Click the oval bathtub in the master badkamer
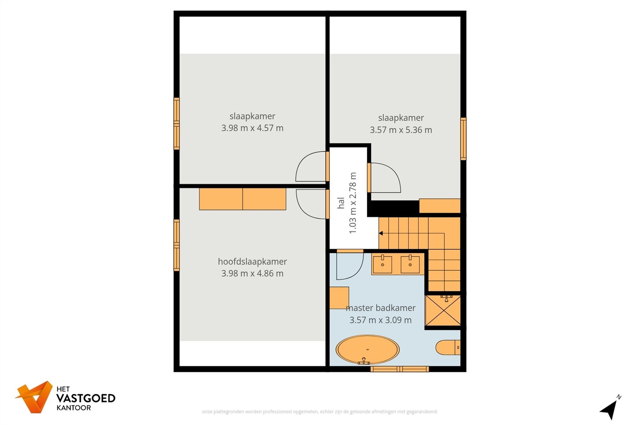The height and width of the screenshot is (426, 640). [x=367, y=349]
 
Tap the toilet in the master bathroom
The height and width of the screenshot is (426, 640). [x=447, y=347]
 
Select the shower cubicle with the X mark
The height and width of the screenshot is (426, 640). [x=443, y=311]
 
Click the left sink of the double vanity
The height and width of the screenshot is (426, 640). [x=382, y=264]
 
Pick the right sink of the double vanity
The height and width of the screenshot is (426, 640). [x=410, y=264]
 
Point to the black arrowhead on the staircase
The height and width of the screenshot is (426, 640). [x=381, y=233]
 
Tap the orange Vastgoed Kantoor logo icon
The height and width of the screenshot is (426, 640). [x=35, y=397]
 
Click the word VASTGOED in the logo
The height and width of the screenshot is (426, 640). [x=86, y=398]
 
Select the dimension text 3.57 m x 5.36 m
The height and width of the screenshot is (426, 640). [x=401, y=130]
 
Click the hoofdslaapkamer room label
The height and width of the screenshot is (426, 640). [x=252, y=261]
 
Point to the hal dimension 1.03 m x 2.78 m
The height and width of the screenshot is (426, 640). [x=352, y=203]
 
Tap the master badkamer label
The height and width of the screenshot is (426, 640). [x=380, y=308]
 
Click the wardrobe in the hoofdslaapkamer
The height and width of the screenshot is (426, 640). [x=243, y=199]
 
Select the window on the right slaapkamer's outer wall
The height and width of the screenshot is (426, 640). [x=463, y=139]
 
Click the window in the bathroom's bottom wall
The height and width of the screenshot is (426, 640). [x=399, y=369]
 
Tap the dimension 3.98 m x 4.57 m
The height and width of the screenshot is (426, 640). [x=252, y=128]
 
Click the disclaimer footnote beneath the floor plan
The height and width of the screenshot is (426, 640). [x=320, y=412]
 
